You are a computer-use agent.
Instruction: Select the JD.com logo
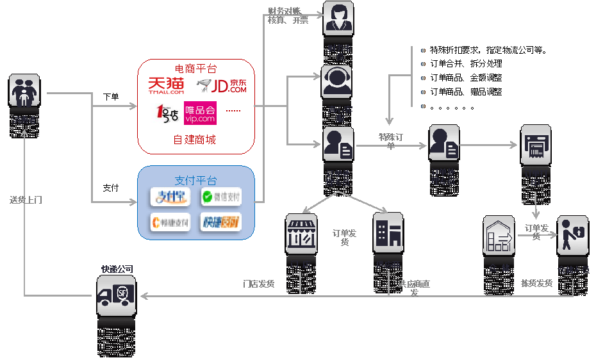(221, 86)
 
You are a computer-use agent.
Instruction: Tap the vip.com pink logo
(200, 113)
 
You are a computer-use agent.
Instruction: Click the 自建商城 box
(194, 140)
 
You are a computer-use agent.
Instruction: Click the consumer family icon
(24, 90)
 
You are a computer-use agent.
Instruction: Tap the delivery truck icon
(116, 295)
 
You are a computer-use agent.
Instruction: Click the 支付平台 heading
(195, 180)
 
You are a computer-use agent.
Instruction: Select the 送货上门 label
(26, 200)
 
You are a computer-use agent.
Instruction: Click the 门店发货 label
(258, 283)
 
